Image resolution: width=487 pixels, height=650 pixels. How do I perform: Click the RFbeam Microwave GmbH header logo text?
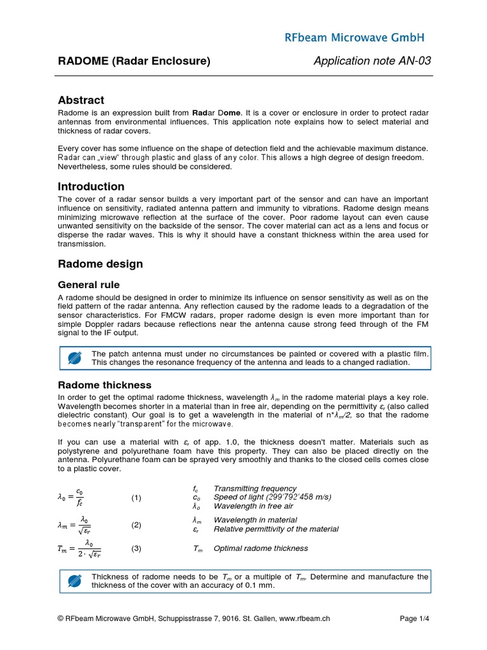pos(354,37)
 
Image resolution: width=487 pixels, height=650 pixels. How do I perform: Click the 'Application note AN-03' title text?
pos(372,61)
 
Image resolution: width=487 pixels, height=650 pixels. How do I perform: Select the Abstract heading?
pos(81,100)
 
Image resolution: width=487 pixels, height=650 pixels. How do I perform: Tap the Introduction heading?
pos(91,187)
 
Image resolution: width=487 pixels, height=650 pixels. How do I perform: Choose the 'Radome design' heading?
pos(100,263)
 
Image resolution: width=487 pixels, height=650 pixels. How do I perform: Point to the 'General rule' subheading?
pos(88,285)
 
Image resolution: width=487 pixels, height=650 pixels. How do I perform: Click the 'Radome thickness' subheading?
pos(105,385)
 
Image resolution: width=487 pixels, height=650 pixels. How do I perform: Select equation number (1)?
pos(136,498)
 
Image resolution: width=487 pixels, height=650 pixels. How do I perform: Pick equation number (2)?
pos(136,525)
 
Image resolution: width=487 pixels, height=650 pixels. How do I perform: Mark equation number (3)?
pos(136,548)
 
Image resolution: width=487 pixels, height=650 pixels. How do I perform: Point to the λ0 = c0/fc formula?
pos(71,498)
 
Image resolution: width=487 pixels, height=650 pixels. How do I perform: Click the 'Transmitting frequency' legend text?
pos(255,488)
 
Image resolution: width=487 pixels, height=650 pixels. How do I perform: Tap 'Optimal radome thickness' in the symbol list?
pos(261,548)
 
